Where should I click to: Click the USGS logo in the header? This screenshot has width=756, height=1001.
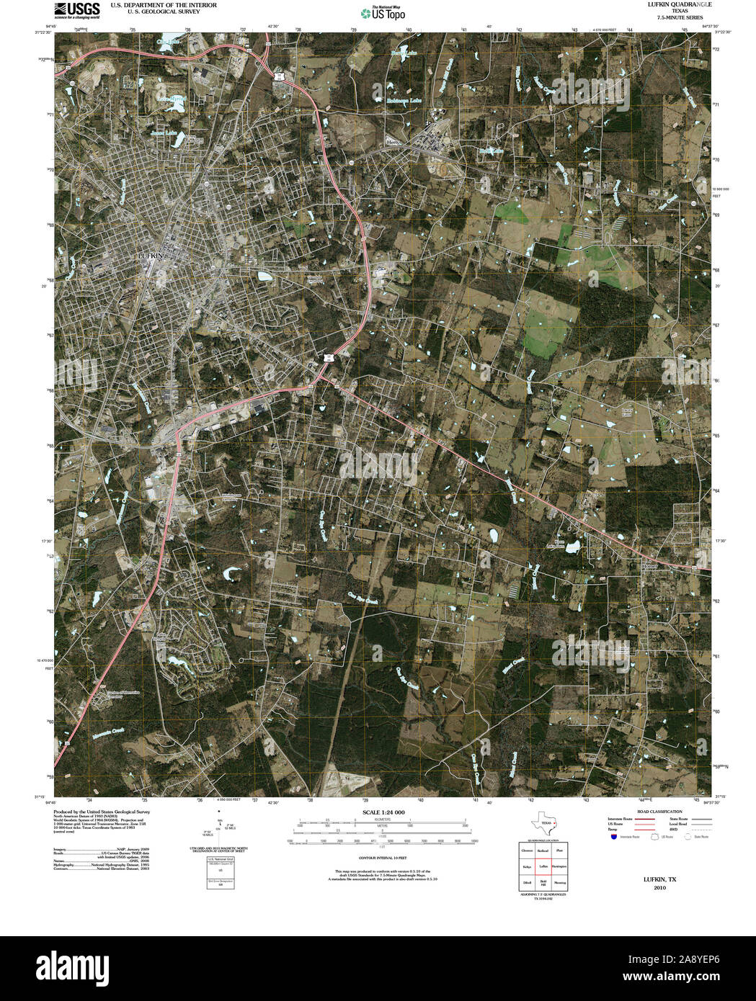coord(77,9)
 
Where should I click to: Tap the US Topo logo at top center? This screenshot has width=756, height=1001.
coord(383,12)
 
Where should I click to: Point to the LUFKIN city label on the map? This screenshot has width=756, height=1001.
coord(152,256)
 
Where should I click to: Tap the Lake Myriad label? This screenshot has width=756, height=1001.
coord(172,99)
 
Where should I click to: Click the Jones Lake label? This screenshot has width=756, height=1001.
coord(164,133)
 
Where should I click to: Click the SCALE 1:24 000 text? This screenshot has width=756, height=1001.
coord(383,812)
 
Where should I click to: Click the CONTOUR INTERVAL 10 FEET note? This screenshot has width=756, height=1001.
coord(383,858)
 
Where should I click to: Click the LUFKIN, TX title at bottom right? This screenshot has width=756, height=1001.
coord(659,880)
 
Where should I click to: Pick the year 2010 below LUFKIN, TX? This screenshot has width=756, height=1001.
coord(659,888)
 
